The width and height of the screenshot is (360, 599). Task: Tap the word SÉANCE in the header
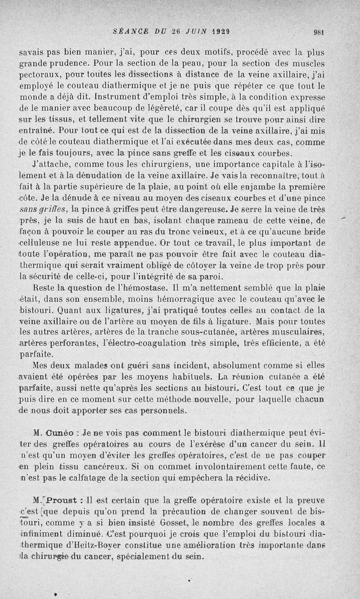coord(129,32)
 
